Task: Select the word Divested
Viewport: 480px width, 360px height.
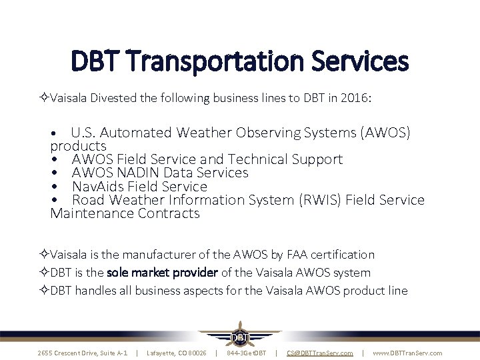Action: tap(115, 98)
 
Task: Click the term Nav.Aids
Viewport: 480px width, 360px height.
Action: tap(99, 187)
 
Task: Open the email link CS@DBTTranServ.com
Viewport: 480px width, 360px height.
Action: tap(319, 353)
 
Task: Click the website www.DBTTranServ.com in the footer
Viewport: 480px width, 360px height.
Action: tap(407, 353)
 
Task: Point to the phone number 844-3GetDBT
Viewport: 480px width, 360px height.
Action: tap(246, 353)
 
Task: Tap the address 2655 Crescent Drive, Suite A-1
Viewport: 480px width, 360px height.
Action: tap(83, 353)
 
